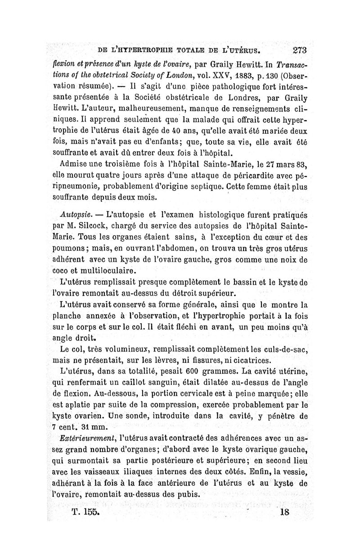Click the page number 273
click(299, 50)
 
